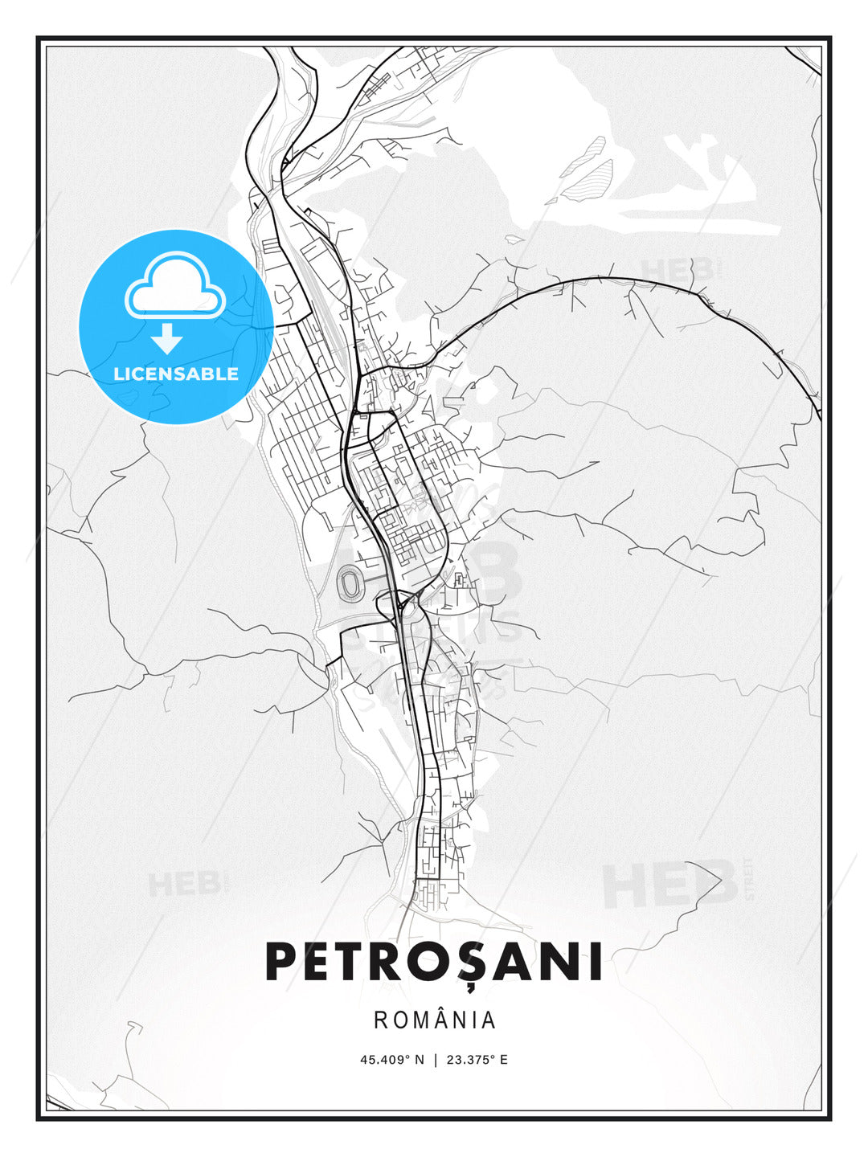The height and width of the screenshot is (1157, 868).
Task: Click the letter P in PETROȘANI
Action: click(283, 962)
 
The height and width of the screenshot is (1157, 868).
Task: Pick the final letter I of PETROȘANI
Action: click(595, 962)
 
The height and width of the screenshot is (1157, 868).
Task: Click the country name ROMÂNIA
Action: click(435, 1020)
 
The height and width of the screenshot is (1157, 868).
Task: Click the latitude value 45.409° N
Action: click(391, 1060)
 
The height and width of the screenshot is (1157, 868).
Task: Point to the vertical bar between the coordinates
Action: click(436, 1060)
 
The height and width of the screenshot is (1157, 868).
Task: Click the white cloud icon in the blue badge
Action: click(174, 287)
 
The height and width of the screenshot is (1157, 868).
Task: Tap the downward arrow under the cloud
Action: click(167, 338)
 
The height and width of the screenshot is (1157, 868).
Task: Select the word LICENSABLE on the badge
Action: click(176, 374)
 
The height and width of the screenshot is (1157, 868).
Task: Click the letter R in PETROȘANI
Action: click(394, 962)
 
